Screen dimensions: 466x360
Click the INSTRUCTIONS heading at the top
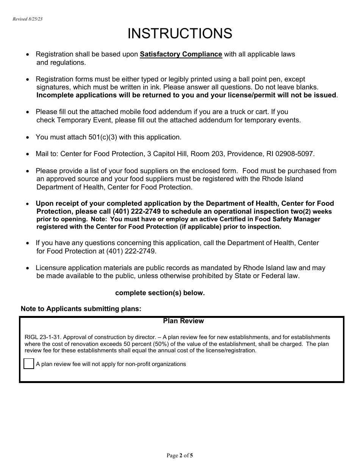[x=180, y=34]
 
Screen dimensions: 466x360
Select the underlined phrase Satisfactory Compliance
[x=181, y=54]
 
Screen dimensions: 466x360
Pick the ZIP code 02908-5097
[x=294, y=154]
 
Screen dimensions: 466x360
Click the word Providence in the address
[x=241, y=154]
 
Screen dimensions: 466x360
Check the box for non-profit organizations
[x=29, y=364]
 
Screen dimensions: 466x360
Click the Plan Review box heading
[x=183, y=321]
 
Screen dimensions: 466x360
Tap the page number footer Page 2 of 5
[x=180, y=455]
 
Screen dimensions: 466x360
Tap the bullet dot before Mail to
[x=27, y=154]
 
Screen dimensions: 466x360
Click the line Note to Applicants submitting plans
[x=81, y=309]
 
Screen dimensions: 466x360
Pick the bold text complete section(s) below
[x=160, y=293]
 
